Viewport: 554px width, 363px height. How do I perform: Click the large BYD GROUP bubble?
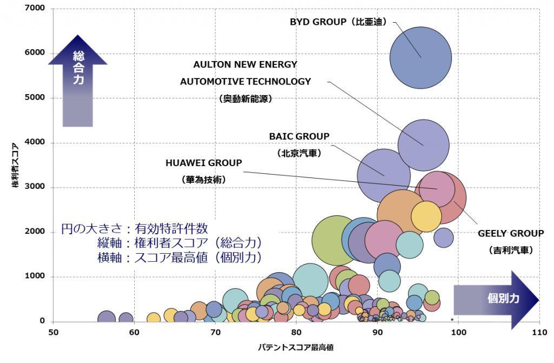(421, 57)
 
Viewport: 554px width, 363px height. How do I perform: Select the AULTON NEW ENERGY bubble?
(424, 145)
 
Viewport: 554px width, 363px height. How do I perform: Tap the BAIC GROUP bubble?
(384, 175)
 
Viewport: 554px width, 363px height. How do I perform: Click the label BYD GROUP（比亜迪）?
(338, 22)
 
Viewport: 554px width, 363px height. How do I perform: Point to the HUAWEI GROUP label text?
(203, 162)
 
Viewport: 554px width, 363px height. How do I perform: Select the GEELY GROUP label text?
(510, 234)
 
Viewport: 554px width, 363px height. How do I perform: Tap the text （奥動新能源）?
(246, 99)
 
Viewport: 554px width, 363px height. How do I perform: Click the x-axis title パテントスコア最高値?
(295, 347)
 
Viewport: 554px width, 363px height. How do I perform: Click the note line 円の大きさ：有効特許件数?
(134, 229)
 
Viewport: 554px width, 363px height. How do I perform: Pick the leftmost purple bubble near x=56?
(107, 319)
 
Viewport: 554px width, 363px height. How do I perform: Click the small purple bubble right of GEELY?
(443, 237)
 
